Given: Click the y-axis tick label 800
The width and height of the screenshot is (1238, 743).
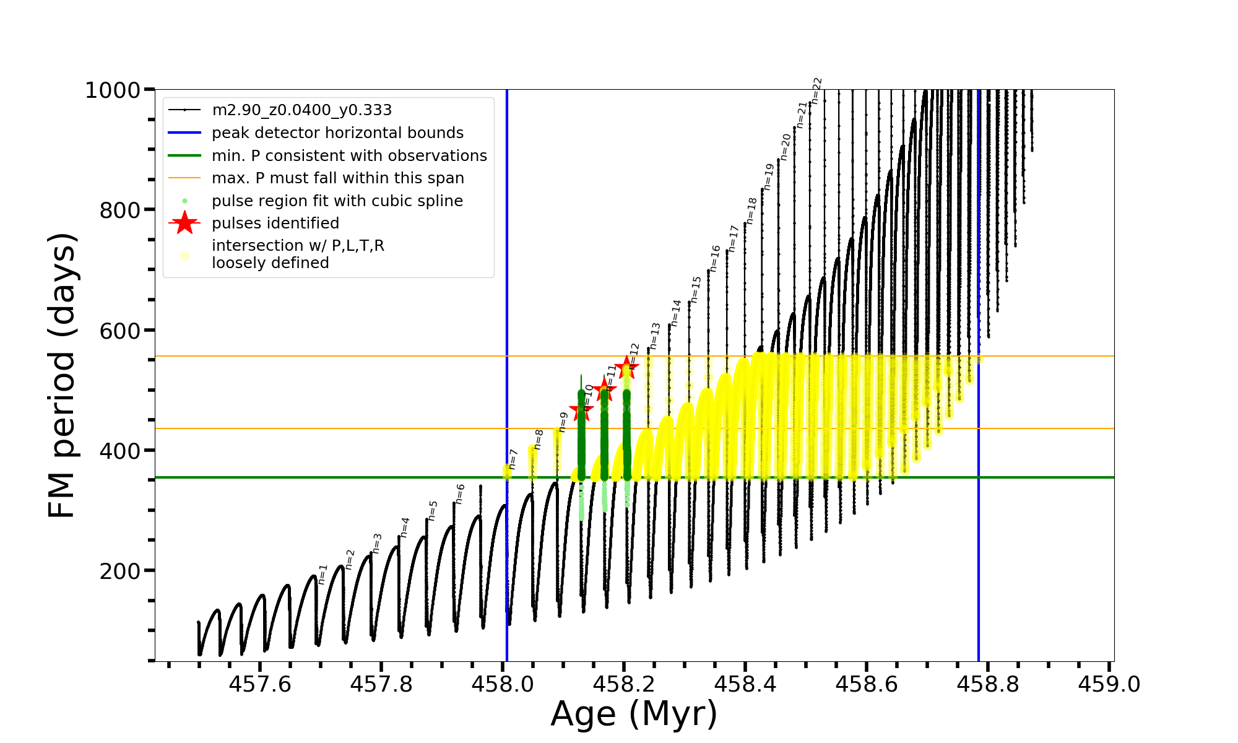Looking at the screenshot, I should (120, 211).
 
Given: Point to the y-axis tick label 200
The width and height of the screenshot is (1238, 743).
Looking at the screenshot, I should (120, 571).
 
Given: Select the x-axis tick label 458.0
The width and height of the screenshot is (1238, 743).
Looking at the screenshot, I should (502, 684).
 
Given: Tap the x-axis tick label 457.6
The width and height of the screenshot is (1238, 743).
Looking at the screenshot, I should (260, 684).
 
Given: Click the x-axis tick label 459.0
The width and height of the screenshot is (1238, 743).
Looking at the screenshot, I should (1109, 684).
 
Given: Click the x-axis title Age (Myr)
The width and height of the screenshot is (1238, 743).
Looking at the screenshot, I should (634, 714).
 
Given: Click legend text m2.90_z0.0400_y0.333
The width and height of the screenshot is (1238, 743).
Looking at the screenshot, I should (301, 110).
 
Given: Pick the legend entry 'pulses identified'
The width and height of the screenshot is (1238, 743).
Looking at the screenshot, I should (275, 224).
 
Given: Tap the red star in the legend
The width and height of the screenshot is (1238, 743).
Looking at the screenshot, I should (184, 223).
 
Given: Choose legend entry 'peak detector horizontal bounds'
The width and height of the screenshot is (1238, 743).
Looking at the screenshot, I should (337, 133).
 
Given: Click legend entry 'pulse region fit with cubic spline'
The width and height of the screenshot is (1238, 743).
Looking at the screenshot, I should (337, 201).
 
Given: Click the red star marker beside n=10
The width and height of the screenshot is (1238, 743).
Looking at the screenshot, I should (581, 410).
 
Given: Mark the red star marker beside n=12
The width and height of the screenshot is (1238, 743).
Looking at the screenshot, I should (626, 367).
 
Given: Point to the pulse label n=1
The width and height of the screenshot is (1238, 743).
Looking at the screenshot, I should (322, 574).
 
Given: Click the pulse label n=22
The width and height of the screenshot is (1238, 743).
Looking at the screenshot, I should (816, 90).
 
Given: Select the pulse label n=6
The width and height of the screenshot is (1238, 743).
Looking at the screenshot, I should (460, 494).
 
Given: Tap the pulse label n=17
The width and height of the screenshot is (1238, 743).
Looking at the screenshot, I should (734, 238).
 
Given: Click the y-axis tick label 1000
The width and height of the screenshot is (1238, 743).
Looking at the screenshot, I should (113, 90).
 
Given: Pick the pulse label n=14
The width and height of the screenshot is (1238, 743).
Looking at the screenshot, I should (675, 313).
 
